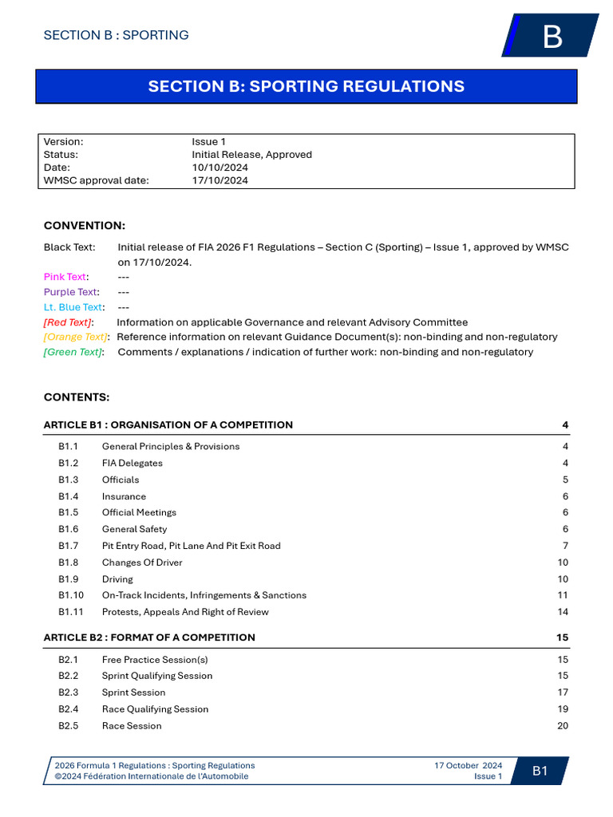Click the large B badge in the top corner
coord(552,37)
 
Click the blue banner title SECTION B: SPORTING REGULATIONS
coord(306,86)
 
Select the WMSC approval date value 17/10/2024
coord(219,180)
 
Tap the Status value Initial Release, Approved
coord(251,155)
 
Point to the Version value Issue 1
coord(208,142)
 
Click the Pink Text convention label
coord(65,277)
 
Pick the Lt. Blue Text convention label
coord(73,307)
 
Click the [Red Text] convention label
coord(68,322)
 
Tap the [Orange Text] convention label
coord(75,337)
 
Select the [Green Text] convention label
coord(73,352)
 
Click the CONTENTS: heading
coord(77,397)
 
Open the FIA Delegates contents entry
coord(132,463)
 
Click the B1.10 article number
coord(70,595)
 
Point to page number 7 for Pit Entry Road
coord(565,546)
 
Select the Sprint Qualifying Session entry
coord(157,676)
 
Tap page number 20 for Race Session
coord(563,725)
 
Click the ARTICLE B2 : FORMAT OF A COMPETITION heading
coord(149,637)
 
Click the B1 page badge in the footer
coord(540,771)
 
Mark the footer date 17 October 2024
coord(468,765)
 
